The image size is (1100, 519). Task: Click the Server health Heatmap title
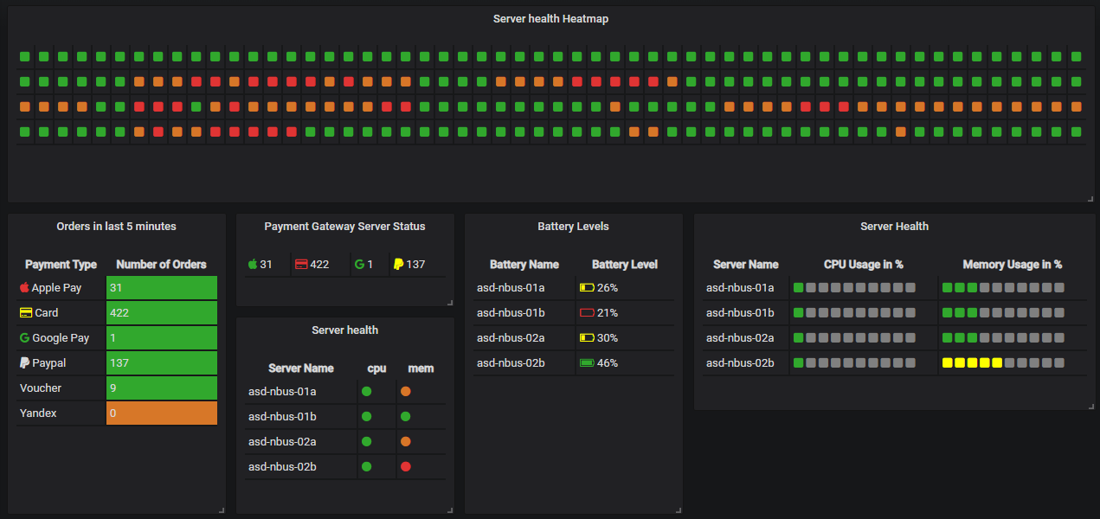(550, 19)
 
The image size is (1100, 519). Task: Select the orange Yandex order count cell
(162, 413)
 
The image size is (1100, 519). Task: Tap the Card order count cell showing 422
(162, 313)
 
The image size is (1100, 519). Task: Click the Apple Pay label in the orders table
(56, 288)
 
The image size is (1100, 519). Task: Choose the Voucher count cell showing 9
(162, 388)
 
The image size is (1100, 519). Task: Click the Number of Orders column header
(161, 265)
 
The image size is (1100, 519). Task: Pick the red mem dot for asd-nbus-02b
(405, 467)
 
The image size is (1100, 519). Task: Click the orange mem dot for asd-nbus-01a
(405, 392)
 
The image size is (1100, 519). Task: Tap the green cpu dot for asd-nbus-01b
(366, 417)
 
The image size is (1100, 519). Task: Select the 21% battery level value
(608, 313)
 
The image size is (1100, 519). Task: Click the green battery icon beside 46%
(587, 363)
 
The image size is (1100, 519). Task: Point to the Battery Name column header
(524, 265)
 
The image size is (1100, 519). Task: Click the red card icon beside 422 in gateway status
(301, 265)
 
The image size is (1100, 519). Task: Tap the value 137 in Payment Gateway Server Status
(415, 265)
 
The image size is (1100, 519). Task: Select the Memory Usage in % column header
(1012, 265)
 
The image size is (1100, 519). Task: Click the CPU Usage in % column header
(863, 265)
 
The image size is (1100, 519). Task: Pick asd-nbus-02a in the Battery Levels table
(510, 338)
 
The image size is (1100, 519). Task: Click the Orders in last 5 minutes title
(116, 227)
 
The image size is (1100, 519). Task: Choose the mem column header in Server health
(421, 368)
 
